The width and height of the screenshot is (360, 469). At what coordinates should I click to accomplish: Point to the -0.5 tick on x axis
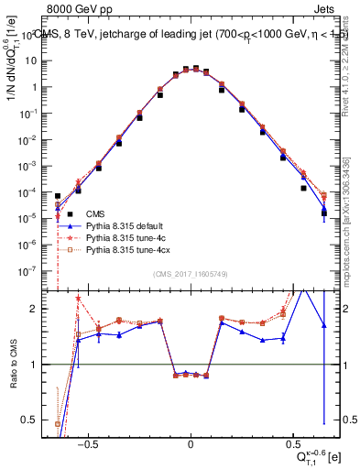click(88, 442)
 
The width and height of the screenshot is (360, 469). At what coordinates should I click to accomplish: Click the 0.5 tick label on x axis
click(292, 442)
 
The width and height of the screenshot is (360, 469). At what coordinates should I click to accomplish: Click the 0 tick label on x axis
click(191, 442)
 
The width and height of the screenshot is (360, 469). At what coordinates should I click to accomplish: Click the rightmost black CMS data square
click(323, 213)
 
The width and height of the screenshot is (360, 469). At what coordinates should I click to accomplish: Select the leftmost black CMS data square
click(58, 196)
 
